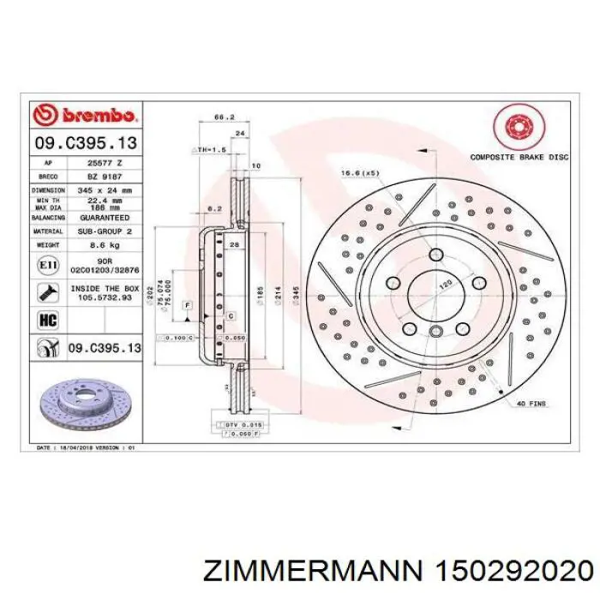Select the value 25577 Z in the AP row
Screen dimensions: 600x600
(105, 161)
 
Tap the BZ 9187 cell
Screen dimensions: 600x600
(105, 175)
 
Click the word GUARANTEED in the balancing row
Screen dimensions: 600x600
(105, 219)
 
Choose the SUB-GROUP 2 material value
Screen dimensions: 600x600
(105, 231)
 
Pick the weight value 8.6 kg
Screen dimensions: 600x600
(105, 245)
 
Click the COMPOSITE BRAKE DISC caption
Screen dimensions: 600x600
(519, 158)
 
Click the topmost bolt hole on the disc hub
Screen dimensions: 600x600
(437, 255)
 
